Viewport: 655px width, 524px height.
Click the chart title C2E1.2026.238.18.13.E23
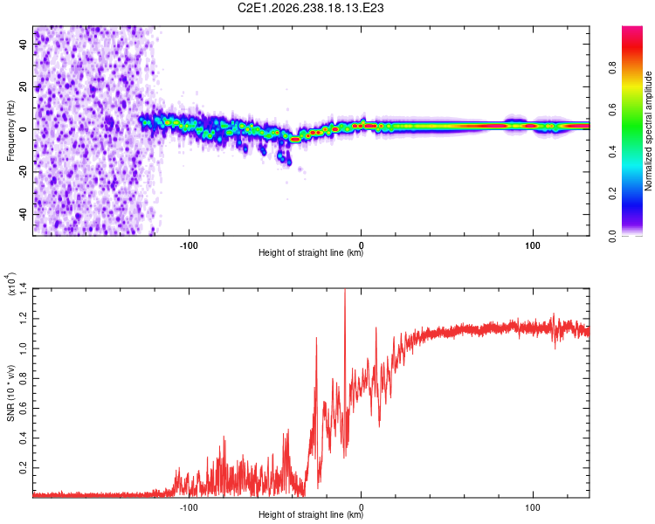click(310, 8)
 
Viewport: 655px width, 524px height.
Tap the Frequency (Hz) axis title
click(10, 131)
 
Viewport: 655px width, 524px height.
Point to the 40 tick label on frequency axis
click(23, 44)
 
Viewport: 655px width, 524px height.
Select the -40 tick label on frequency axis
click(23, 214)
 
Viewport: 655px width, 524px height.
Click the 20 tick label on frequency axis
click(23, 86)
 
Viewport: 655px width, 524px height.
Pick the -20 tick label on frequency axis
click(23, 172)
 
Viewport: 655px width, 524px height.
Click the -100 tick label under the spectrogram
click(189, 245)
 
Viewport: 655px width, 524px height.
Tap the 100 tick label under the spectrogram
click(533, 245)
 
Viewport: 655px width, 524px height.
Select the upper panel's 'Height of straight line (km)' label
click(311, 252)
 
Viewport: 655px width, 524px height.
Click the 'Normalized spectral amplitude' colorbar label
click(648, 131)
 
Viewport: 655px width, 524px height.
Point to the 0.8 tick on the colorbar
click(612, 68)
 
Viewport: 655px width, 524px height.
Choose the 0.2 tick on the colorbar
click(612, 194)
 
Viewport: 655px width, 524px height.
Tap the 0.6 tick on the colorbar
click(612, 110)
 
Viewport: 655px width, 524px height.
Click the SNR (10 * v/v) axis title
click(10, 393)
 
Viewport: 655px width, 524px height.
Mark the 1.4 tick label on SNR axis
click(23, 288)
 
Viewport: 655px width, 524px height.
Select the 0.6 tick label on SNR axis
click(23, 408)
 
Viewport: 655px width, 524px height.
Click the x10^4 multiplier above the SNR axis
click(10, 284)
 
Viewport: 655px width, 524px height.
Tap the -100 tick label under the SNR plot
click(189, 507)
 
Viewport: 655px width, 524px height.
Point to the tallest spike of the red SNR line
click(345, 290)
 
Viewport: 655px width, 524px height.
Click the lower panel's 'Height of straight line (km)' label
click(311, 514)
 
